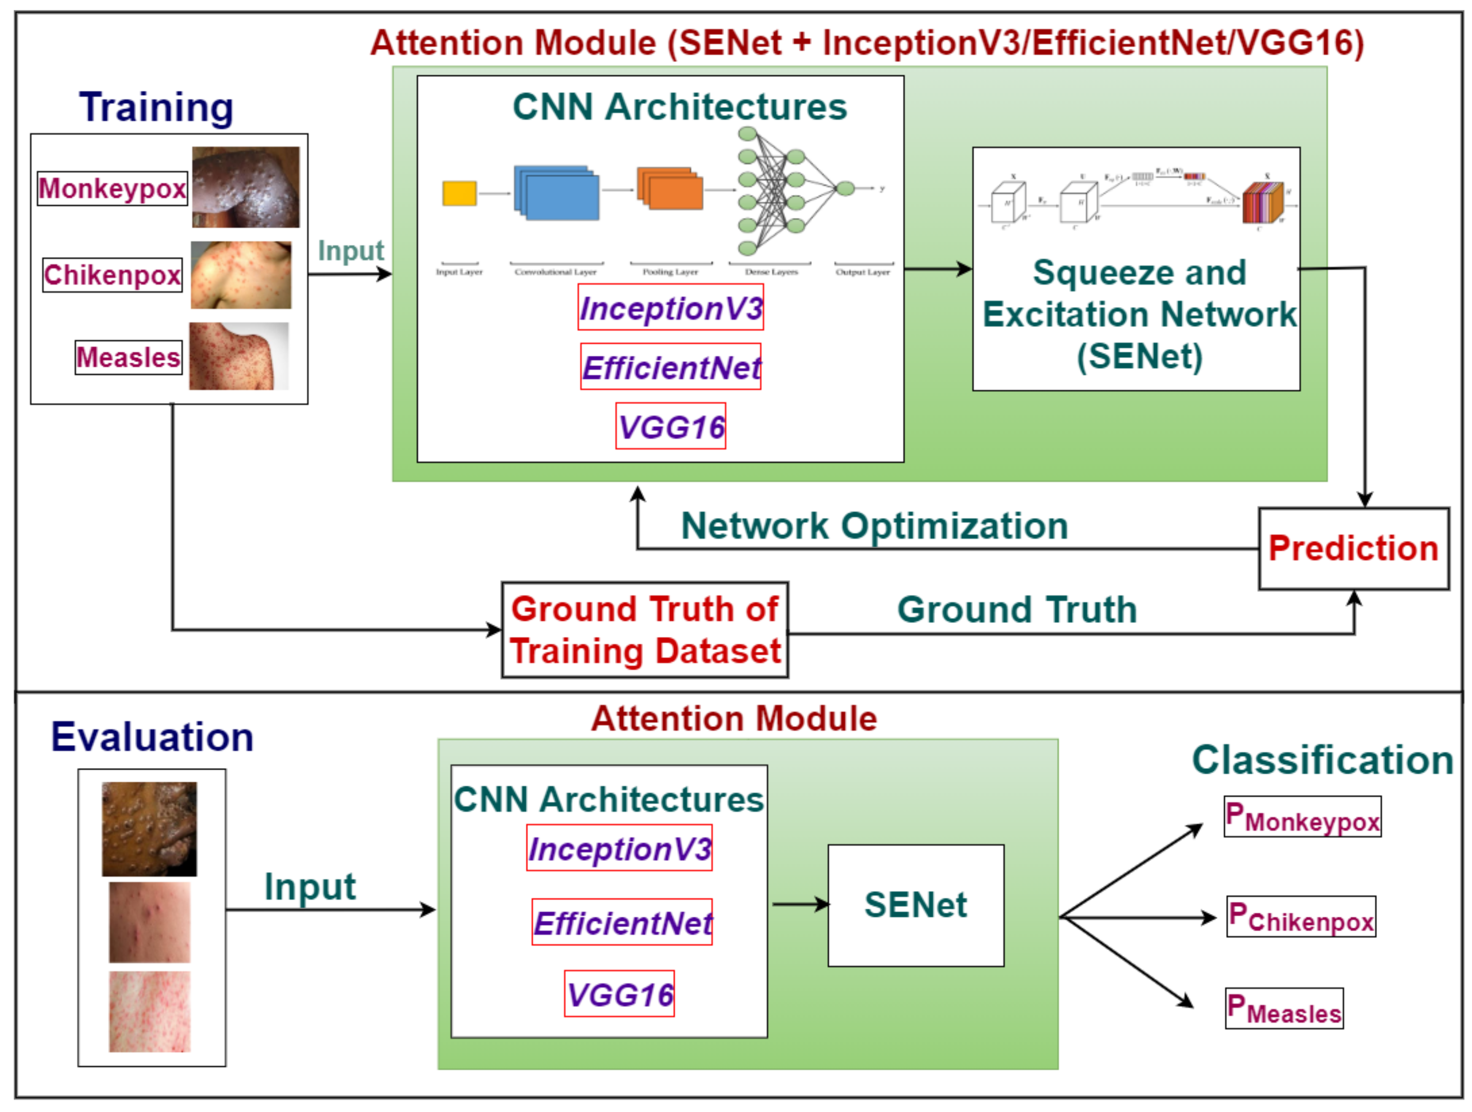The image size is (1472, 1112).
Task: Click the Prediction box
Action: pos(1353,548)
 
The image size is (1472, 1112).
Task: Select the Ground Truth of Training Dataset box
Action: pos(644,630)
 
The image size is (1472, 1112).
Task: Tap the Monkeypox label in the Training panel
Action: pos(112,188)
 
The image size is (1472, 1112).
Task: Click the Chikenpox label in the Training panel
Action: pos(112,275)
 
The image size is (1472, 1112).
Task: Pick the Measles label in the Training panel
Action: pos(128,358)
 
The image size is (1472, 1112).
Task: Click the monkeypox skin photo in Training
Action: pos(245,187)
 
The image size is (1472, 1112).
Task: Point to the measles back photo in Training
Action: pos(238,356)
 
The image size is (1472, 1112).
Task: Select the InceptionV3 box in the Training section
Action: pos(670,307)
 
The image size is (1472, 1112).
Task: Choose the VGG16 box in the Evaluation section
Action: pos(619,994)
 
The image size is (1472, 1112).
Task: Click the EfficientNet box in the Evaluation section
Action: pos(622,922)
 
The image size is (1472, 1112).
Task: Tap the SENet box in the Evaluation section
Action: pos(915,905)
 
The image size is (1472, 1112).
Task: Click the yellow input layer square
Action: pos(459,193)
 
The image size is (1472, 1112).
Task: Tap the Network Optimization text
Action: pos(874,526)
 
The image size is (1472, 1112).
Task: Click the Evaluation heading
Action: pos(152,737)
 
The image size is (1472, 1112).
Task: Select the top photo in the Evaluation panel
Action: pos(149,829)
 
